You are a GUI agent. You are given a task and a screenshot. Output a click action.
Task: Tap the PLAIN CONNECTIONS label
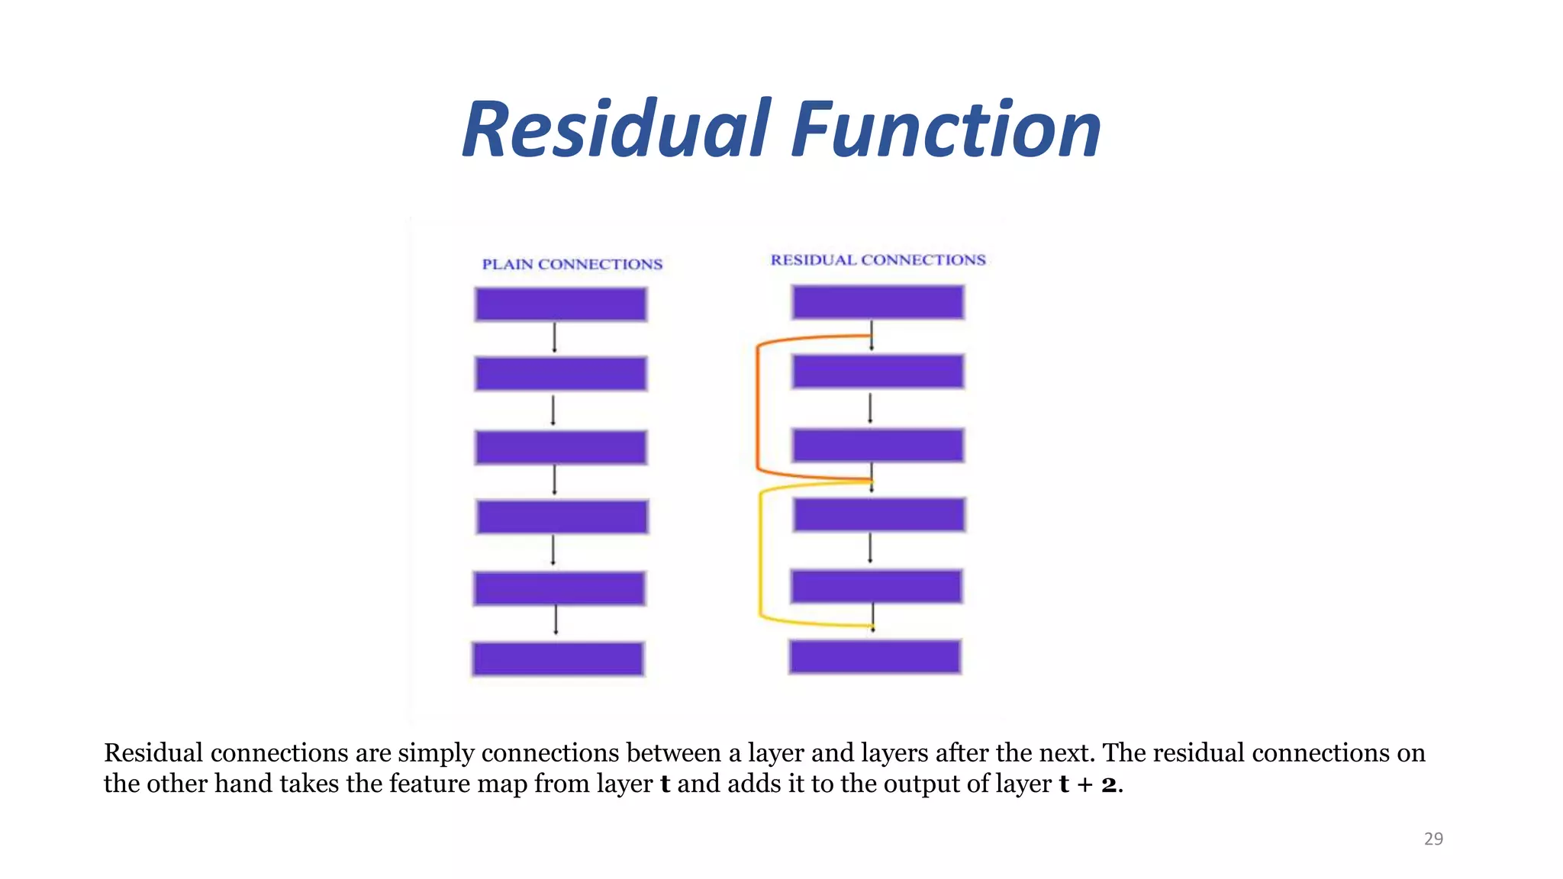[572, 264]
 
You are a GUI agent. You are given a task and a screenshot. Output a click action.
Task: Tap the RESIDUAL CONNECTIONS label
[878, 260]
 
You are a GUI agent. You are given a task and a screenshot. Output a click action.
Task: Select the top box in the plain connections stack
[561, 304]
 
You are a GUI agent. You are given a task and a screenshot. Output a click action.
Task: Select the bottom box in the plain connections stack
[558, 658]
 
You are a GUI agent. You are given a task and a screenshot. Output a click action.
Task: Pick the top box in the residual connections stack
[878, 302]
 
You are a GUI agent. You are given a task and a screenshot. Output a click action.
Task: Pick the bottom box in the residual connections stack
[875, 656]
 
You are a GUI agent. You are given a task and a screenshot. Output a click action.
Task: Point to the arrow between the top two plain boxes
[555, 337]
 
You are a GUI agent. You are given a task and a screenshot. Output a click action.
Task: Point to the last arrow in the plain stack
[556, 619]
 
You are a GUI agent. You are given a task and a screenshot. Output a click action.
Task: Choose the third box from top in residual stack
[878, 446]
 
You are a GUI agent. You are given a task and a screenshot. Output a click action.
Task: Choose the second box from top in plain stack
[561, 373]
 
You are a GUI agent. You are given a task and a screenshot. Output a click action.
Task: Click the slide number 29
[1433, 839]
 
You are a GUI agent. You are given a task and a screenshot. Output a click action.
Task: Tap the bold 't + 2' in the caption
[1088, 784]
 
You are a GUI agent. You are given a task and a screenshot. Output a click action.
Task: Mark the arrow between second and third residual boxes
[870, 408]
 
